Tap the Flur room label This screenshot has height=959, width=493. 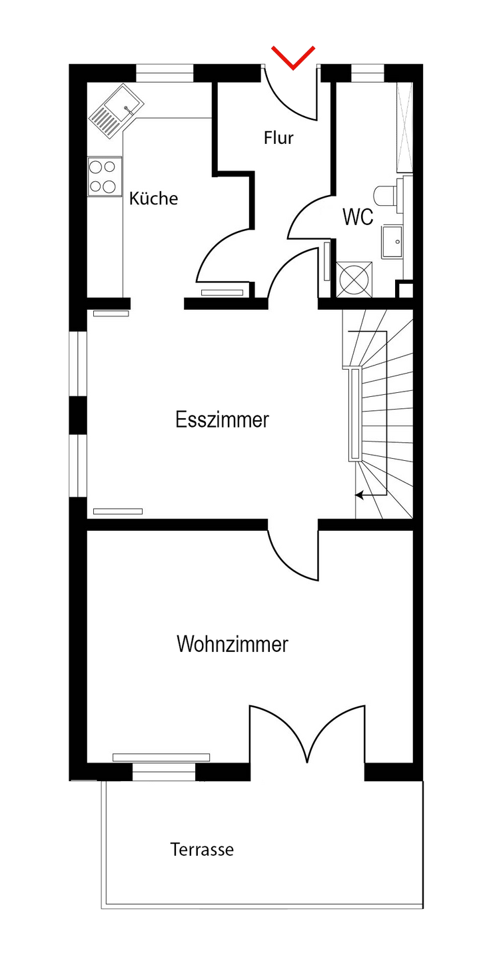(x=278, y=139)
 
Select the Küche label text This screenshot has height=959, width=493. (x=153, y=198)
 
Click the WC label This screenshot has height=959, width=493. (x=358, y=217)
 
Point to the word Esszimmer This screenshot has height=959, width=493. (x=222, y=420)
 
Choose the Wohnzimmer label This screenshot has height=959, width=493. (x=232, y=644)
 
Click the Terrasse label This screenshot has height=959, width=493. (x=202, y=850)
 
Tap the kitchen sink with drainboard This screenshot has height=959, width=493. (x=117, y=111)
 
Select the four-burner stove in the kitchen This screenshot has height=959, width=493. (x=104, y=176)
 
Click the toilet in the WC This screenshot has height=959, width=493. (x=386, y=194)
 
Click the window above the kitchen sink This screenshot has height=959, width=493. (x=165, y=73)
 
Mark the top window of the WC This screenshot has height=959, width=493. (x=364, y=73)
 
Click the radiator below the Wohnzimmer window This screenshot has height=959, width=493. (x=161, y=757)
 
